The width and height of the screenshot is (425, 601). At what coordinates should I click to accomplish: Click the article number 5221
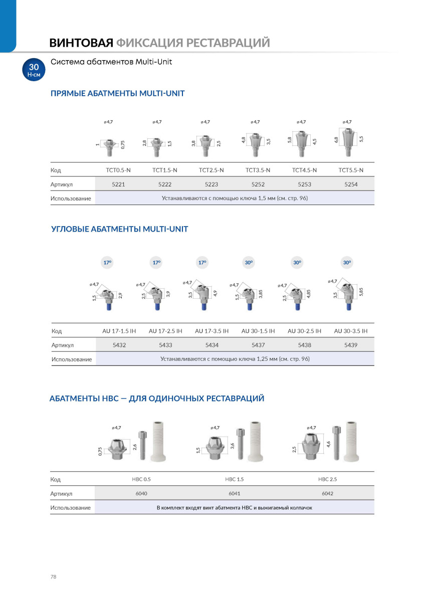(x=118, y=184)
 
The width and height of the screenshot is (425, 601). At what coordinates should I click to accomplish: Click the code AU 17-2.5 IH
(x=165, y=331)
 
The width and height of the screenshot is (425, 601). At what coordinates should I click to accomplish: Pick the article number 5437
(x=258, y=345)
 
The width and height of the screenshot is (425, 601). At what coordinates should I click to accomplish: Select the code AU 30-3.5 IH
(x=351, y=331)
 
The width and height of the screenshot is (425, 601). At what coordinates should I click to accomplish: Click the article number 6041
(x=234, y=493)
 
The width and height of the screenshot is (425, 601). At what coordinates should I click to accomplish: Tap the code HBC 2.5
(x=327, y=479)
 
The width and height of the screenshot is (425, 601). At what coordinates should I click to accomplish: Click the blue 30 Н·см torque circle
(x=34, y=70)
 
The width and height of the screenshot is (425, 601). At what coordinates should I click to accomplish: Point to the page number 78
(x=53, y=577)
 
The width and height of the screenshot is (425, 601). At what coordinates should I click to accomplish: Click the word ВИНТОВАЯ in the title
(x=81, y=43)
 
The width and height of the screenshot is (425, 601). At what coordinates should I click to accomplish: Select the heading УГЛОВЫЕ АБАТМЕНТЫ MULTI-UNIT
(x=120, y=229)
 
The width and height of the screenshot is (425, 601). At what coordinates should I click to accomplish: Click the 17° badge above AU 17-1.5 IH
(x=107, y=263)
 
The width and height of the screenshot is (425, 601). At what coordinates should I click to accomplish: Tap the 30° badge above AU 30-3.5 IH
(x=347, y=263)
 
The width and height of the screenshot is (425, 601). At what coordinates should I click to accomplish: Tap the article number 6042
(x=327, y=493)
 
